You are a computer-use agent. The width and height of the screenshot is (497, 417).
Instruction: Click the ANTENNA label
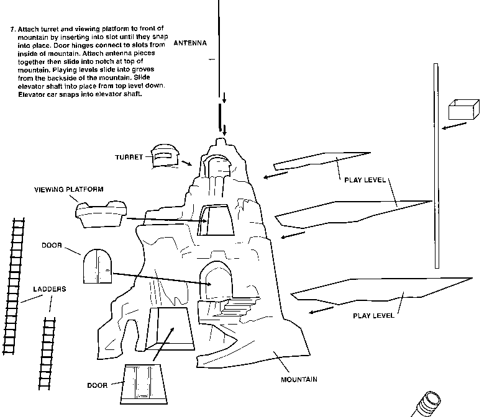click(x=190, y=43)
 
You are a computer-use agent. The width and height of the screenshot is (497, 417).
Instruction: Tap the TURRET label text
click(x=129, y=157)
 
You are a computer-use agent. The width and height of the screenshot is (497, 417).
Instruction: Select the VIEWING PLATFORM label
click(x=68, y=189)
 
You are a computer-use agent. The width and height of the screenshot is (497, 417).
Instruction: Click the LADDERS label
click(x=49, y=289)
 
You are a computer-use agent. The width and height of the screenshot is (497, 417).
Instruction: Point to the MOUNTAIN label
click(x=299, y=379)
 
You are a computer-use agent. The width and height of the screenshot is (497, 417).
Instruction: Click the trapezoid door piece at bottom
click(x=143, y=382)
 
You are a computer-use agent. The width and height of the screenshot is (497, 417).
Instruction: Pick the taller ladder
click(x=14, y=285)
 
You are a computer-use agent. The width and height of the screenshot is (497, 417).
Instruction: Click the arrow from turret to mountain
click(x=186, y=163)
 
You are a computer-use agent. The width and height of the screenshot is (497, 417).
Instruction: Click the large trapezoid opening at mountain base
click(x=170, y=326)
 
